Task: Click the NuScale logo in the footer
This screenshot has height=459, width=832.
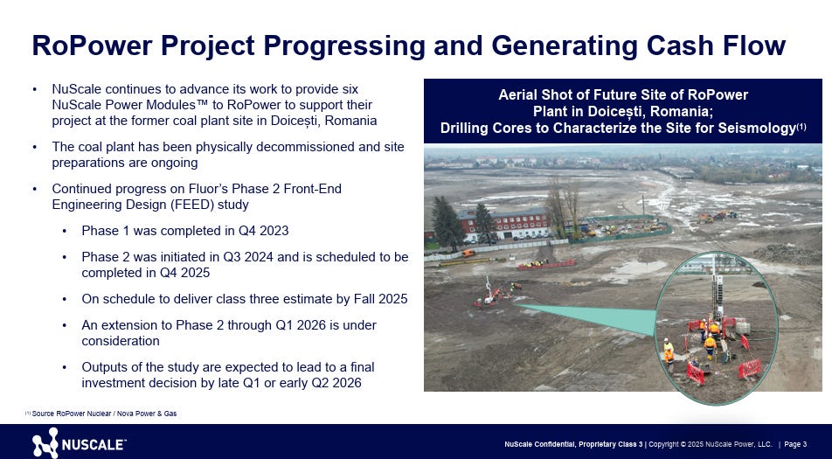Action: [79, 443]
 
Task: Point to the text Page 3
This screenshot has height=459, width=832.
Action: [795, 444]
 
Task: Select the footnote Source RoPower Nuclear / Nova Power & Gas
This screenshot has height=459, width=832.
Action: [104, 414]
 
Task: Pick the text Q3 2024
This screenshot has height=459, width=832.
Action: [248, 257]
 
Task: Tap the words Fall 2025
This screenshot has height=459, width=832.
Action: [380, 299]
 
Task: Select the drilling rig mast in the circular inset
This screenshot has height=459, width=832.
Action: [718, 291]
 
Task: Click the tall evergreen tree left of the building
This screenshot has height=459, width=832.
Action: [447, 223]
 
